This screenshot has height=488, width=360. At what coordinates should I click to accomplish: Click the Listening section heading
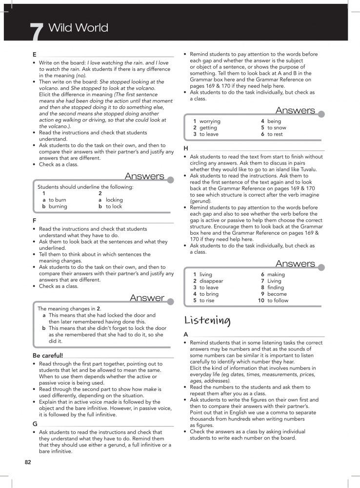(207, 320)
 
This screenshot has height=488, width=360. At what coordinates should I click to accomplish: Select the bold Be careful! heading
(47, 355)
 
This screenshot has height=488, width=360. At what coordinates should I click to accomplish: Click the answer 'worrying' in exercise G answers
(210, 121)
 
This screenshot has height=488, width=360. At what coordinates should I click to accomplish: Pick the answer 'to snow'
(277, 127)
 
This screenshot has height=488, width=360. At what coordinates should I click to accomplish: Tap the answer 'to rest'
(275, 134)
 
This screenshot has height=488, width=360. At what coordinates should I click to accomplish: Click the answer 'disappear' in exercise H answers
(211, 281)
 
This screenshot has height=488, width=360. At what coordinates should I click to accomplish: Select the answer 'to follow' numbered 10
(278, 301)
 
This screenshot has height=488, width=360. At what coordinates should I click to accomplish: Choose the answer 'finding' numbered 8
(276, 288)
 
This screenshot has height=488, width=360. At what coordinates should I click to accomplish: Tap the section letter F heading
(34, 220)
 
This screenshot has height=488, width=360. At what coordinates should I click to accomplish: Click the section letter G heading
(35, 424)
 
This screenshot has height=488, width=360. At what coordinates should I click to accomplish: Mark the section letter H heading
(186, 148)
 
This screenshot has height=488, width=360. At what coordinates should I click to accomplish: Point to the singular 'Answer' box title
(147, 298)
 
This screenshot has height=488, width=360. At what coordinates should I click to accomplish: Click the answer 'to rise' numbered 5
(206, 301)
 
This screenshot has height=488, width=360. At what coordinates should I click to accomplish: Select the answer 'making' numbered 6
(276, 275)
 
